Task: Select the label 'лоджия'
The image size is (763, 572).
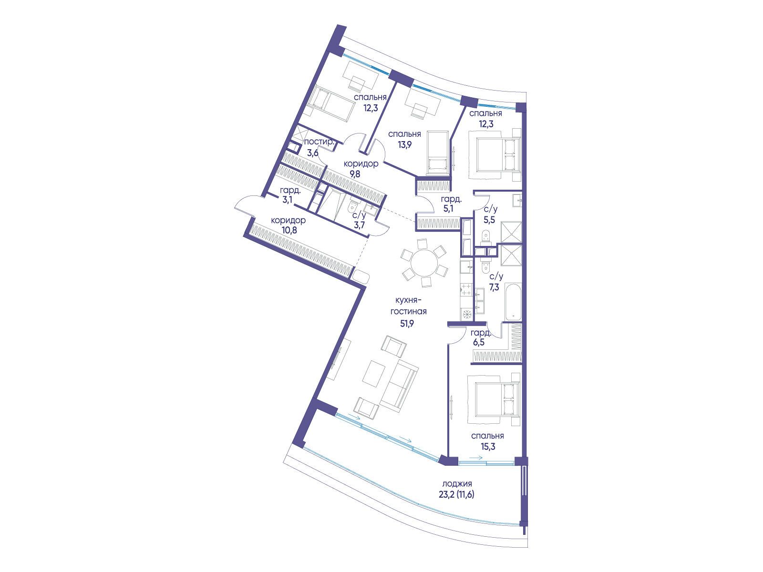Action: coord(457,484)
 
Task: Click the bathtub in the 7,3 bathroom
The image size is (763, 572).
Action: coord(513,303)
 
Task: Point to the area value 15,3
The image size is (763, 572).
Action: coord(488,446)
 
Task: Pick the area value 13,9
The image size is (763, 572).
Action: coord(404,144)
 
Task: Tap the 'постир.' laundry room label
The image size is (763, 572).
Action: coord(319,142)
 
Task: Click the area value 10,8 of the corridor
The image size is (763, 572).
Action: coord(289,230)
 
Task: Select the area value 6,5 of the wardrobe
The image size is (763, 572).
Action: coord(478,342)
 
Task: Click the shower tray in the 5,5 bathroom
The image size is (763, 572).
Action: coord(511,232)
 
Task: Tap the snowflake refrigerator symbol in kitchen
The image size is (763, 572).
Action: coord(466,315)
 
